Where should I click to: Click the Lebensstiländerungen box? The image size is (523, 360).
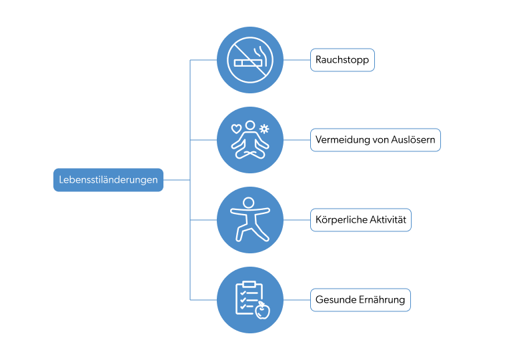[x=108, y=180]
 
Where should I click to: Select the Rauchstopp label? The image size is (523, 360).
[x=342, y=60]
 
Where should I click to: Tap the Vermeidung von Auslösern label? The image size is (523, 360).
[x=375, y=140]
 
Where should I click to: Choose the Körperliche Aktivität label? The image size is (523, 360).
[x=361, y=220]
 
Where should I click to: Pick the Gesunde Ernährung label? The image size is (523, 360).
[x=360, y=300]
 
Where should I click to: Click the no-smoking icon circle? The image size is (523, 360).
[x=250, y=60]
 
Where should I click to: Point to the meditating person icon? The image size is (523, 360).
[x=249, y=141]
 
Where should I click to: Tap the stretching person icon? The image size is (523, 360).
[x=250, y=220]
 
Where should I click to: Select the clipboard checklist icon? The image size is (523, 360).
[x=249, y=298]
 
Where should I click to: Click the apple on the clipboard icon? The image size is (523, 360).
[x=263, y=310]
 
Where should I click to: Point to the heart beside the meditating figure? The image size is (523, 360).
[x=235, y=128]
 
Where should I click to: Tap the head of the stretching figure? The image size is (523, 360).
[x=248, y=202]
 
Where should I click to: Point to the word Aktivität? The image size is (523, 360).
[x=386, y=220]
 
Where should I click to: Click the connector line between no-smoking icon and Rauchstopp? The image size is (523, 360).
[x=297, y=60]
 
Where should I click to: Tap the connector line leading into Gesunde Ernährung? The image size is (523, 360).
[x=297, y=300]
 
